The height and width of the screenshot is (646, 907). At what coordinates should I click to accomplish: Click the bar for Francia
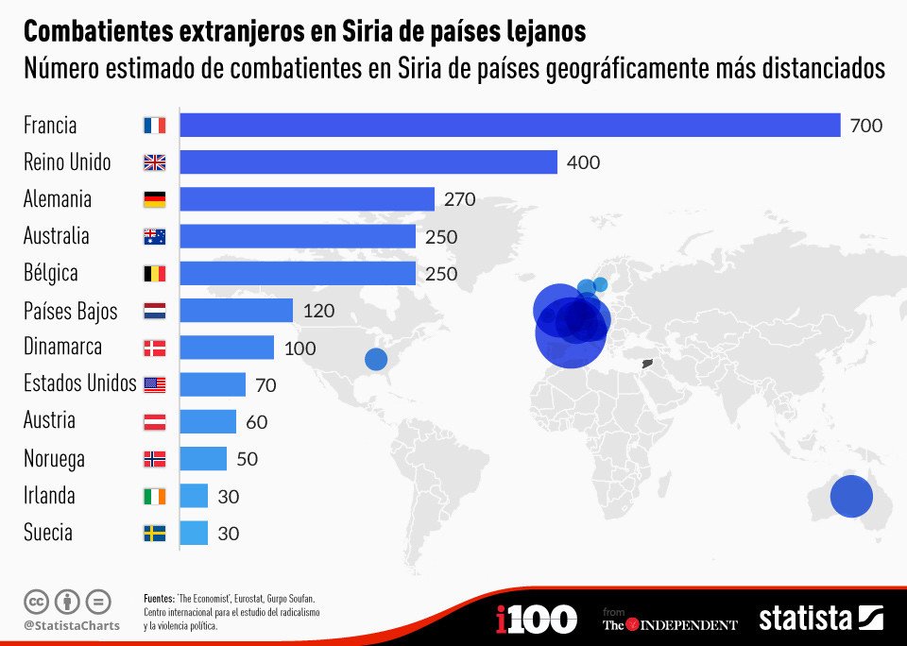510,125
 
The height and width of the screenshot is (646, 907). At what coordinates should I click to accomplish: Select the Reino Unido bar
368,162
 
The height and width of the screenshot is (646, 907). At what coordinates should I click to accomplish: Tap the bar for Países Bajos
236,311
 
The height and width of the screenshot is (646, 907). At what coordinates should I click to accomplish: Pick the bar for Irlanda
194,496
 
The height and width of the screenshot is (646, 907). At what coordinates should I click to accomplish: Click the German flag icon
154,199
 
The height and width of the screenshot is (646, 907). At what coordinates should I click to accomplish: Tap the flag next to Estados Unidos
154,384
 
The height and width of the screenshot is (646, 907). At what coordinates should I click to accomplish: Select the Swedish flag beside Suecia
154,534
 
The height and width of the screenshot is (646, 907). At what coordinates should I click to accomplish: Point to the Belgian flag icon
154,274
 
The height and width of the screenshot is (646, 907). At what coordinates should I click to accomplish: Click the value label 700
865,126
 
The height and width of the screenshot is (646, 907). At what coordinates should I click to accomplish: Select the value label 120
318,311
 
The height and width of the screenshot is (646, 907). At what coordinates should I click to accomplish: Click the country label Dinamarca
62,348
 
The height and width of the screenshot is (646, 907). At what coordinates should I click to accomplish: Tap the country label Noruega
54,459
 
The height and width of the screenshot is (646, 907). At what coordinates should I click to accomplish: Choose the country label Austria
49,421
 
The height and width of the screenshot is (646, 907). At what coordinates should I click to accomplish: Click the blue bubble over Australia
850,497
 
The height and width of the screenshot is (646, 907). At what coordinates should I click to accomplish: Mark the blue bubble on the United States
376,359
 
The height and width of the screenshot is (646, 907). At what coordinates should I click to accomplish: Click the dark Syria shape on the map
647,364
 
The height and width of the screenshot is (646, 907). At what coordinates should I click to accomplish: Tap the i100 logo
536,620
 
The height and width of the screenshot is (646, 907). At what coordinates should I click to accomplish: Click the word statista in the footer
805,619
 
